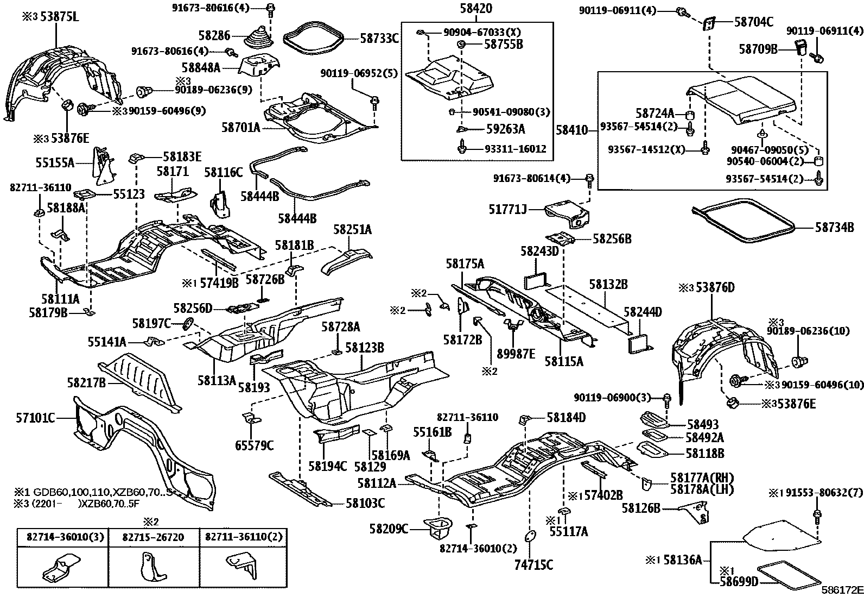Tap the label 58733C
click(x=379, y=38)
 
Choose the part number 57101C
click(x=35, y=418)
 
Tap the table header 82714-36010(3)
click(x=63, y=537)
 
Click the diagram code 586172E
click(x=841, y=590)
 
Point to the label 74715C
click(x=533, y=565)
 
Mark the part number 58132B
click(x=608, y=284)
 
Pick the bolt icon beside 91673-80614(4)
click(x=590, y=178)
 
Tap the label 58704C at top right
click(x=754, y=22)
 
